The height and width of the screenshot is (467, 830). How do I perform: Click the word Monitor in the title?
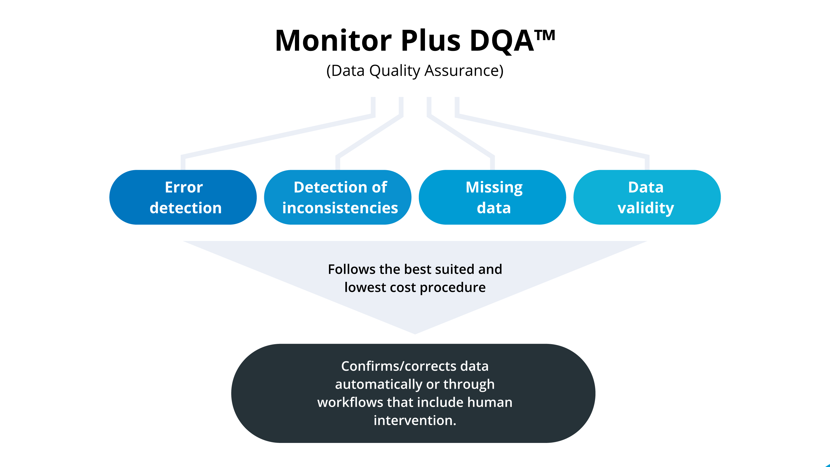click(x=333, y=41)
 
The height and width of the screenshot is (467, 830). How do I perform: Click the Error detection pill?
click(x=183, y=197)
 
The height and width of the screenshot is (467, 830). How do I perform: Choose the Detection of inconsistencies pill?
click(x=338, y=197)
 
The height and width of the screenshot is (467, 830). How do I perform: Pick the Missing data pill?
click(x=492, y=197)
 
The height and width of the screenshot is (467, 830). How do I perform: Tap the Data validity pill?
click(x=647, y=197)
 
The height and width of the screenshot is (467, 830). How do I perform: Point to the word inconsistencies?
click(x=340, y=208)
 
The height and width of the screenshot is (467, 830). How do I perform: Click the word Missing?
click(x=494, y=187)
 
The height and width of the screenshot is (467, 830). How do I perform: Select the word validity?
click(x=646, y=208)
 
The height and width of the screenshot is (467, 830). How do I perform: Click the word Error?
click(x=184, y=187)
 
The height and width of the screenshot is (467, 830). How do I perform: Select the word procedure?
click(x=452, y=287)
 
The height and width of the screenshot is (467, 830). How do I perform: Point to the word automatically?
click(x=378, y=384)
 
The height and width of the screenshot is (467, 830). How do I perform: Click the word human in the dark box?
click(x=489, y=402)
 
